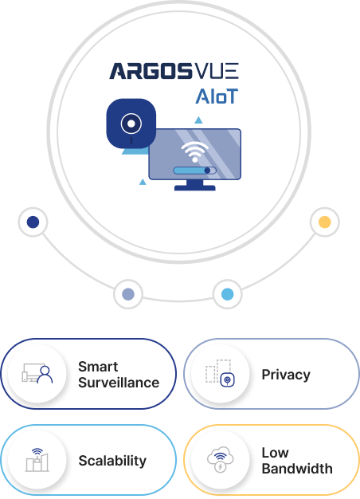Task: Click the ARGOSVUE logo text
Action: coord(174,71)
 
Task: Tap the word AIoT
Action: coord(217,96)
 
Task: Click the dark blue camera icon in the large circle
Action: coord(131,124)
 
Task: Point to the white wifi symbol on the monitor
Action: coord(194,151)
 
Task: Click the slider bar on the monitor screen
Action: coord(194,171)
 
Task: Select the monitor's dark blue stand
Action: coord(195,185)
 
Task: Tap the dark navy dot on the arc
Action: coord(33,222)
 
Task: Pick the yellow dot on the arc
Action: coord(325,222)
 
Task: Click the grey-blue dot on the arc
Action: coord(128,294)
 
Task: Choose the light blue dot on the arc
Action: coord(227,294)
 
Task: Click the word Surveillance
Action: coord(119,383)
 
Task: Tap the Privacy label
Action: coord(286,375)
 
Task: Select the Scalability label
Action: coord(112,461)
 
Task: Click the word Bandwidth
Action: coord(297,469)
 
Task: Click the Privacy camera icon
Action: coord(227,379)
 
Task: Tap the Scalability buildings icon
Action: coord(37,460)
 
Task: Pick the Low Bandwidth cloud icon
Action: coord(220,459)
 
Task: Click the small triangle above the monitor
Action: coord(198,120)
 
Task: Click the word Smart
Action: coord(98,367)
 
